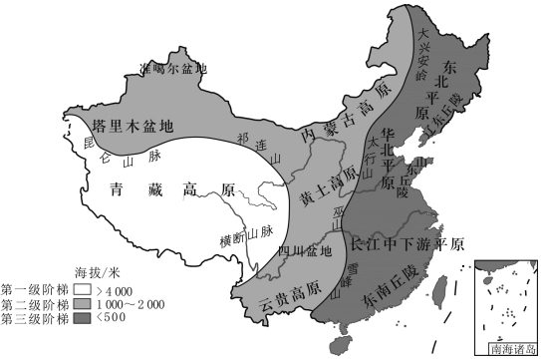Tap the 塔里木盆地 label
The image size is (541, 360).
(132, 127)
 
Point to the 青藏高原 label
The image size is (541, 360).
(171, 188)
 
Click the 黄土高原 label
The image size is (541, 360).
(328, 185)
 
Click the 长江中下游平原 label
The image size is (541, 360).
(407, 241)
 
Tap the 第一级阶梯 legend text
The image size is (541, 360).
(35, 289)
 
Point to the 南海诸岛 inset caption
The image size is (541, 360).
(507, 350)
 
